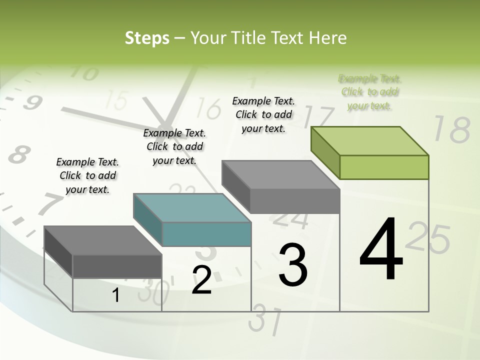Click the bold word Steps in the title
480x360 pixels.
point(147,38)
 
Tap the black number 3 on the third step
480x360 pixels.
point(292,264)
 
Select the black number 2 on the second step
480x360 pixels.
point(201,280)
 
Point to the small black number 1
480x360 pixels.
point(116,295)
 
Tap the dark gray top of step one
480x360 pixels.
point(102,240)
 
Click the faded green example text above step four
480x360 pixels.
point(369,92)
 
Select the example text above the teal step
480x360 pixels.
point(174,146)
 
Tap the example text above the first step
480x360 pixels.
point(87,175)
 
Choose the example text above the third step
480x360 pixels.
point(263,114)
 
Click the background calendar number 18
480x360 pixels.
point(451,129)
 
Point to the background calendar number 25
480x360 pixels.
point(428,239)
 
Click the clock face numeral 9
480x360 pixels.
point(32,103)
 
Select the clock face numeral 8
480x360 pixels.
point(18,154)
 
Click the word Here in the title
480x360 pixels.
point(328,38)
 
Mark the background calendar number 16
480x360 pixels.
point(209,108)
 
